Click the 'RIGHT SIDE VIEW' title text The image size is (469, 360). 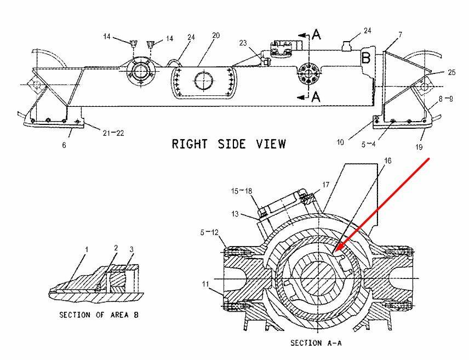pos(228,144)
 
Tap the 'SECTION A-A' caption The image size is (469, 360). pos(314,342)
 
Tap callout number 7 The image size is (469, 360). pos(400,35)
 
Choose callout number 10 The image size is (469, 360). pos(340,143)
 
